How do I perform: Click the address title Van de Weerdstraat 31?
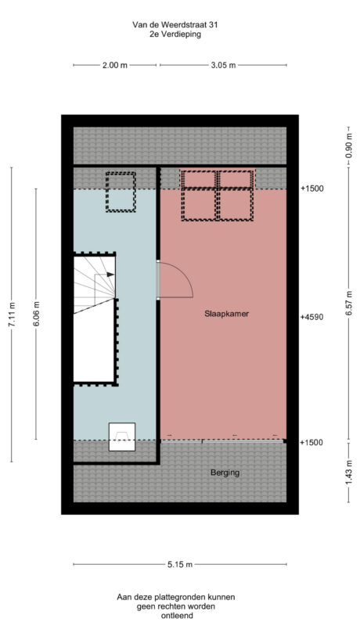tap(175, 25)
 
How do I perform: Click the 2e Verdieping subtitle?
tap(175, 35)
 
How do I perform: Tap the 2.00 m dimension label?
tap(114, 66)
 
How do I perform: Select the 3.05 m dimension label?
tap(223, 66)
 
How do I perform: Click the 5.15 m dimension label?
tap(179, 563)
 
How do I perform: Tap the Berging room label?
tap(225, 473)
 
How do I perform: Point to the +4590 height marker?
tap(311, 318)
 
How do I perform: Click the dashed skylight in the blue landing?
tap(121, 192)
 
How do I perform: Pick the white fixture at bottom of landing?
tap(121, 437)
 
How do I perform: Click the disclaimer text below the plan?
tap(175, 606)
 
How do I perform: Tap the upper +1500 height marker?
tap(311, 189)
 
